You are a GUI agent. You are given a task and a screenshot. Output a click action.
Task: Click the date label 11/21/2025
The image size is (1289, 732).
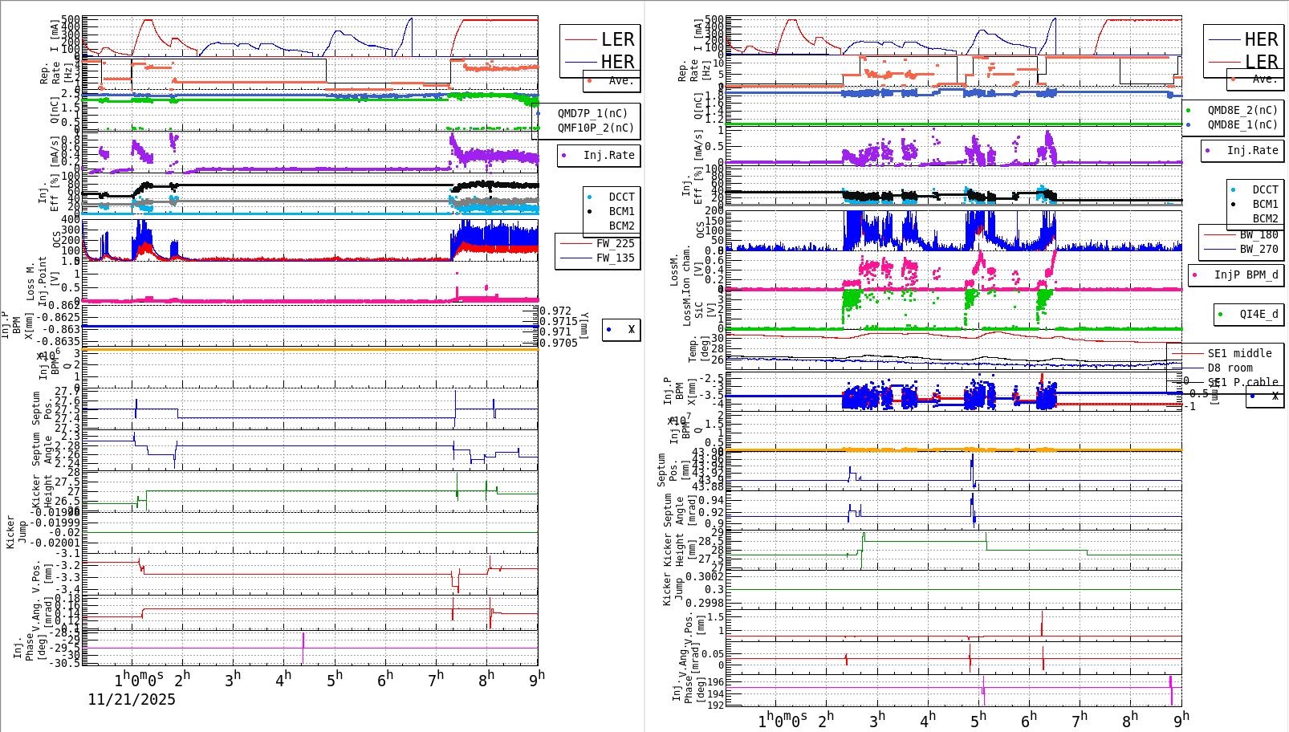pyautogui.click(x=132, y=699)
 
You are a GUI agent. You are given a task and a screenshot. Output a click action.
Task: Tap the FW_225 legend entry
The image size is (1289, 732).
pyautogui.click(x=615, y=243)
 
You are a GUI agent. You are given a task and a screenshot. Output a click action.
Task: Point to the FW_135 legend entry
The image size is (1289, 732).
pyautogui.click(x=615, y=258)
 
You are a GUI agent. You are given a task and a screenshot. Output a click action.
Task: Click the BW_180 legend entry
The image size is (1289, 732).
pyautogui.click(x=1259, y=234)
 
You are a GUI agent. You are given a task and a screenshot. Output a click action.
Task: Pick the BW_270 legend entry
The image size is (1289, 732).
pyautogui.click(x=1259, y=249)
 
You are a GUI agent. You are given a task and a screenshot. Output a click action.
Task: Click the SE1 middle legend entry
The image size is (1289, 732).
pyautogui.click(x=1239, y=353)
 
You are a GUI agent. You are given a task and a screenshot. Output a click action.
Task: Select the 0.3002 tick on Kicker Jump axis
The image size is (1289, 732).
pyautogui.click(x=704, y=576)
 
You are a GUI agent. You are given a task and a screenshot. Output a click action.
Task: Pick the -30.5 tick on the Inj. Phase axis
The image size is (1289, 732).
pyautogui.click(x=65, y=663)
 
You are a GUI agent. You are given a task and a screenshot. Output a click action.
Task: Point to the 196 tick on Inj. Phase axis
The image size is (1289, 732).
pyautogui.click(x=714, y=681)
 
